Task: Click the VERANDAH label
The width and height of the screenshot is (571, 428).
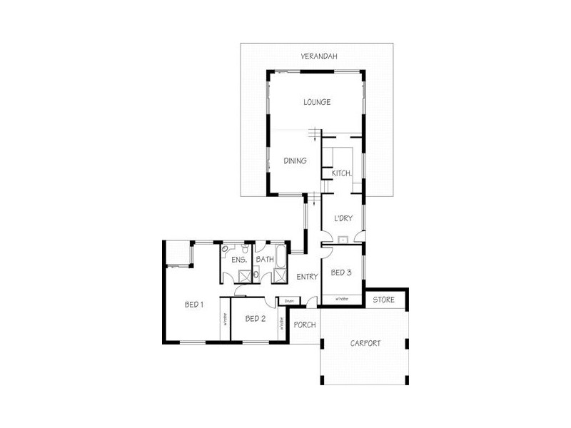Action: (318, 56)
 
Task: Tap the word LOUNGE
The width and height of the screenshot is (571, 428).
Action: (316, 102)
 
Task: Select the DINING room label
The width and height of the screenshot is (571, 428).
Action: (295, 161)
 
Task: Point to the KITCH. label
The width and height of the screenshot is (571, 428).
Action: (341, 173)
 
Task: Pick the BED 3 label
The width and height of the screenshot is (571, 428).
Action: (340, 272)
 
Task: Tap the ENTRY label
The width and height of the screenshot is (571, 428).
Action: (307, 277)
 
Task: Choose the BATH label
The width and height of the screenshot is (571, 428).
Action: (264, 260)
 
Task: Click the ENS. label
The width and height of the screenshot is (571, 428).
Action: (238, 260)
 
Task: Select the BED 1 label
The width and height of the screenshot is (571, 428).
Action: (194, 305)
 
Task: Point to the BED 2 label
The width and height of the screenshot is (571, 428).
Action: (255, 318)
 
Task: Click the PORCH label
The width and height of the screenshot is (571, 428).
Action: (305, 325)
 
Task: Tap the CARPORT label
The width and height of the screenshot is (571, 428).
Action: (365, 343)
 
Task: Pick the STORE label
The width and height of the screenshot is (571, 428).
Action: (384, 300)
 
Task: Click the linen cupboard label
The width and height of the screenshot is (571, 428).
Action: (289, 301)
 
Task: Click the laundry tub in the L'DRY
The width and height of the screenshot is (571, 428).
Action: (343, 240)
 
